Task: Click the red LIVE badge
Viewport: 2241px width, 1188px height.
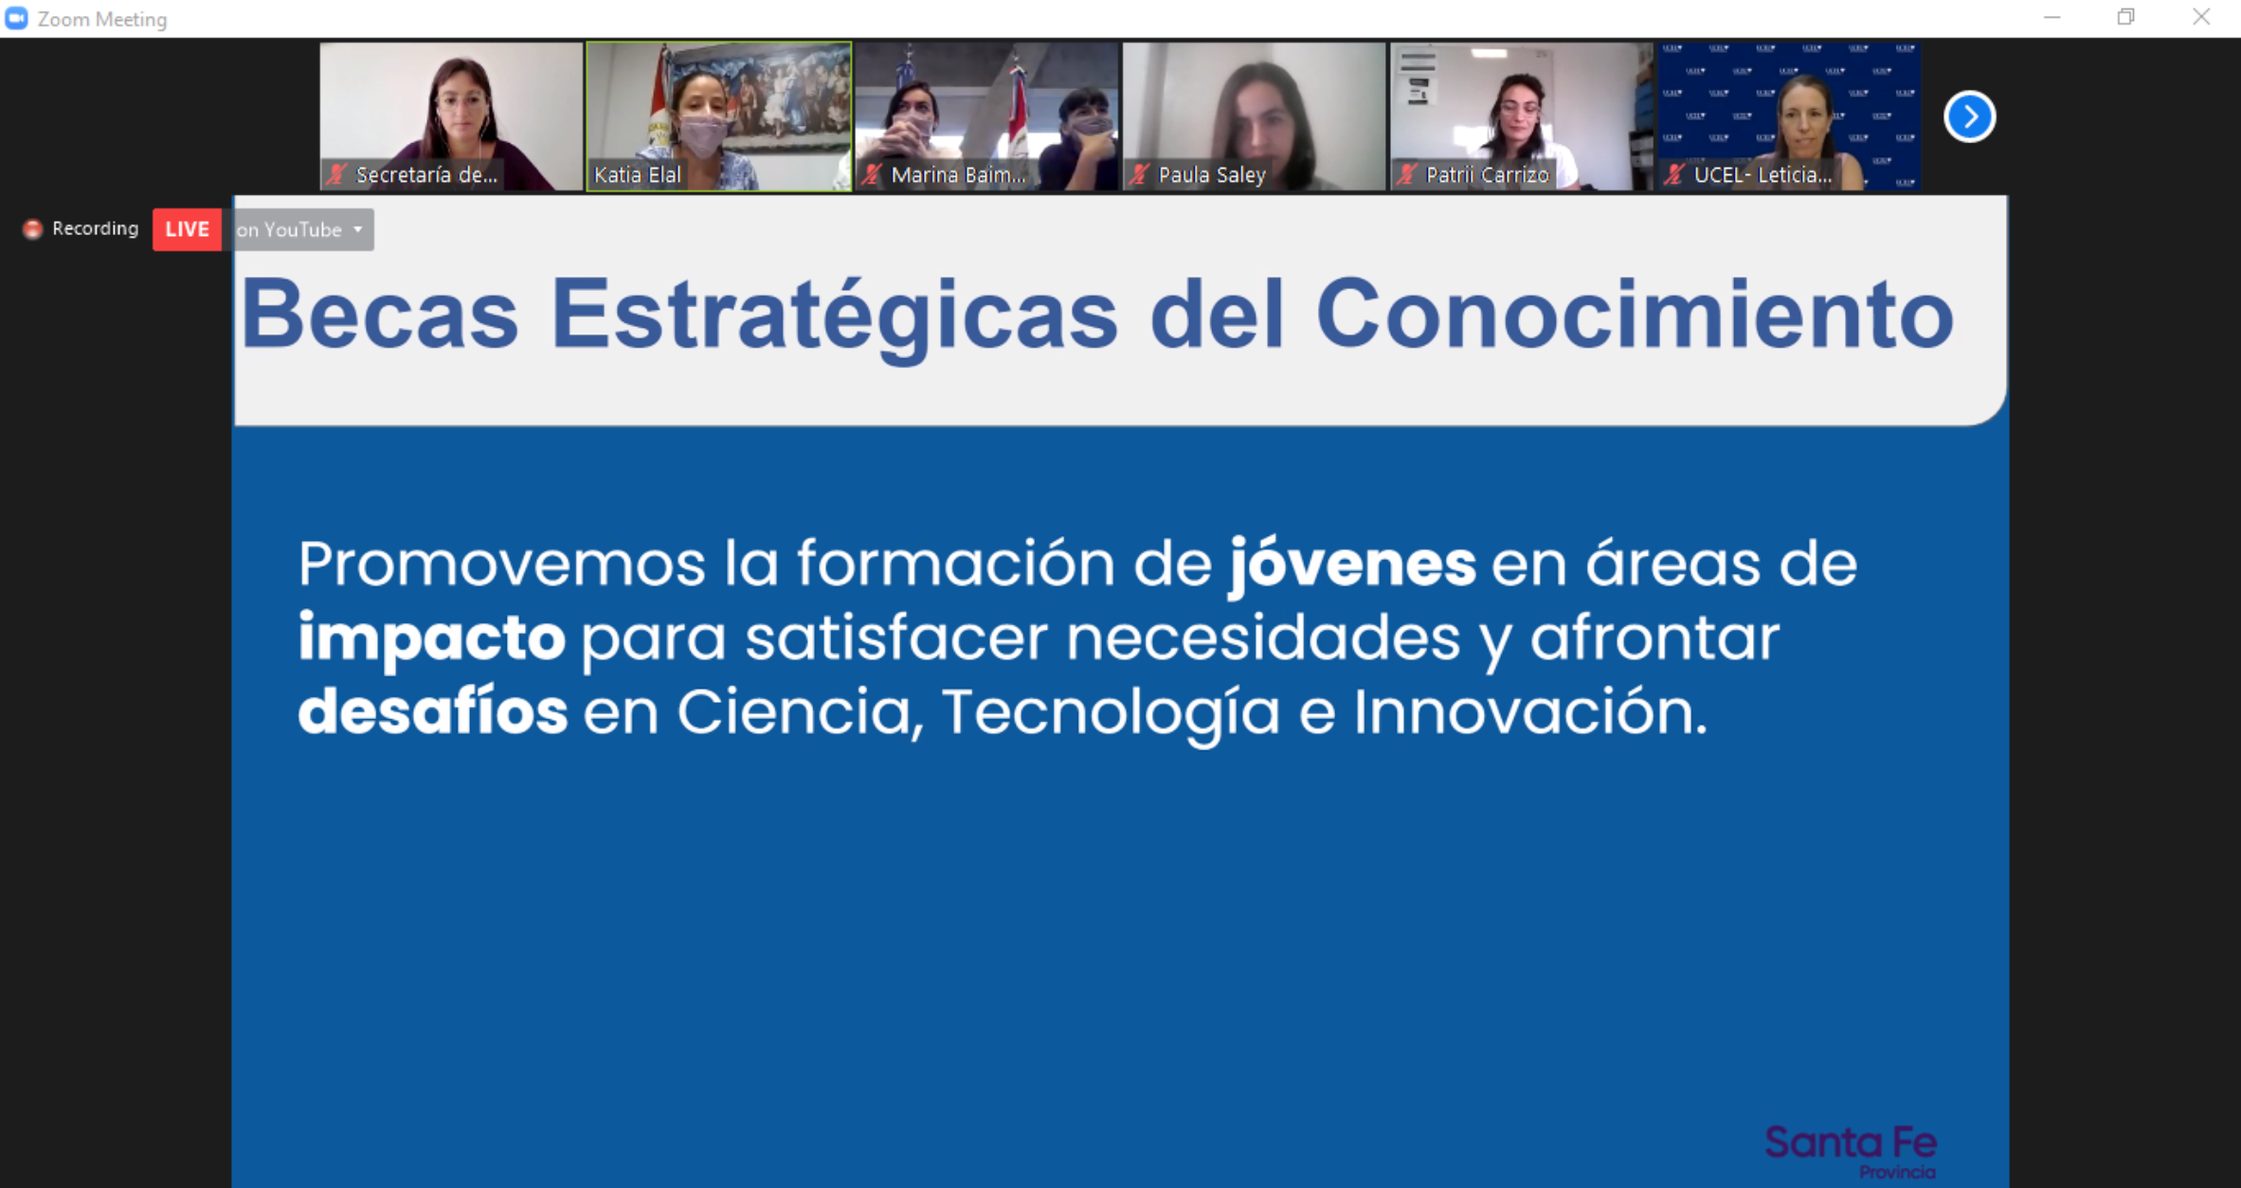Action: tap(187, 229)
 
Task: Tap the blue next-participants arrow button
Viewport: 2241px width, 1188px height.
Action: tap(1970, 117)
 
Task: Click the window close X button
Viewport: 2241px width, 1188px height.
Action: tap(2200, 17)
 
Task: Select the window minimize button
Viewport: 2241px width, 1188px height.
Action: tap(2051, 17)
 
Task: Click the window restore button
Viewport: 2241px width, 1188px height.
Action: tap(2125, 17)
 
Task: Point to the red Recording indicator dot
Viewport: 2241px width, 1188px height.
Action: tap(32, 228)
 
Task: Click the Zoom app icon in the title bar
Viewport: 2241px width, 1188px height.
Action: tap(16, 18)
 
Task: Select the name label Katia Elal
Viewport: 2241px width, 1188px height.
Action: tap(637, 174)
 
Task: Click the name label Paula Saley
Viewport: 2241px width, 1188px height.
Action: tap(1212, 174)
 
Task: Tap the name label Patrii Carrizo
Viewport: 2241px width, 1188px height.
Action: tap(1487, 174)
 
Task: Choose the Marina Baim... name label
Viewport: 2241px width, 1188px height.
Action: tap(958, 174)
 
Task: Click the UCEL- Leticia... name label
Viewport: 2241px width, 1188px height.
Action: tap(1762, 174)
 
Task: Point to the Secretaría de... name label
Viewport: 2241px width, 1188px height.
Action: tap(426, 174)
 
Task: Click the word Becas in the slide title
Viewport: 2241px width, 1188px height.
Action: tap(380, 315)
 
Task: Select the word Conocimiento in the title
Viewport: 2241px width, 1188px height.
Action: tap(1635, 315)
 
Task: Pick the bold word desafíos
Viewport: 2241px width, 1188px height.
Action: tap(433, 711)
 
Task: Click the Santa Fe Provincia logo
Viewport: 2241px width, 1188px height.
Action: tap(1851, 1150)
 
